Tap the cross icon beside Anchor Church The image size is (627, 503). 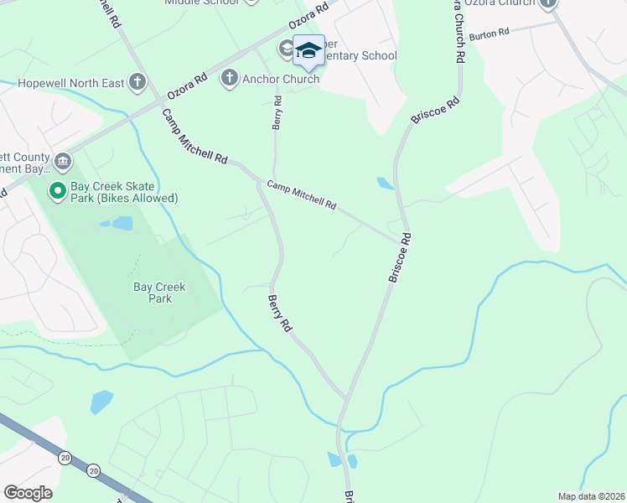point(228,79)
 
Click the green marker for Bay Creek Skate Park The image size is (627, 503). point(58,192)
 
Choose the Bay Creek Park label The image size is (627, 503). point(159,293)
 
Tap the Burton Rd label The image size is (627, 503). point(490,34)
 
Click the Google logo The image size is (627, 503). point(28,493)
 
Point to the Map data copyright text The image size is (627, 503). point(592,496)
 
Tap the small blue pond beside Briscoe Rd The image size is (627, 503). point(385,183)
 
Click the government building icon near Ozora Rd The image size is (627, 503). point(62,161)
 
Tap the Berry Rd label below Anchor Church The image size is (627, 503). point(277,112)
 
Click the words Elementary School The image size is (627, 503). point(357,56)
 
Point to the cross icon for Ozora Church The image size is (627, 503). point(548,3)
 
